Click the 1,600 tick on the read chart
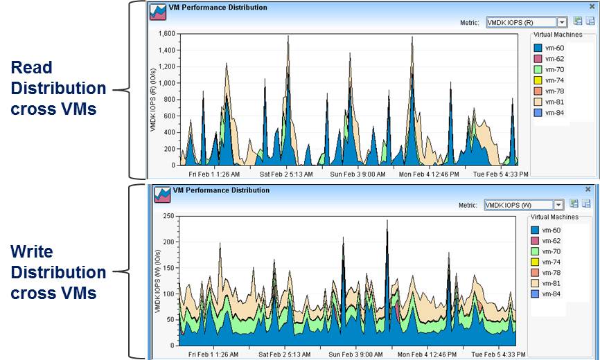[167, 33]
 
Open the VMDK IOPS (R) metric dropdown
[562, 22]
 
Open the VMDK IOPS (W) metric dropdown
[558, 205]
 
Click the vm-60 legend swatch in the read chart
[537, 48]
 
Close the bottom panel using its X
[589, 189]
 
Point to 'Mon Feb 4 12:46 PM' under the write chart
[428, 354]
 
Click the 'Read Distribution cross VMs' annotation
[58, 89]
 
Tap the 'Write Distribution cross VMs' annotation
[58, 272]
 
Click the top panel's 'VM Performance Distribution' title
[219, 8]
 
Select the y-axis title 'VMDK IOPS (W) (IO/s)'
[157, 280]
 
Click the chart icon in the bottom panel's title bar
[161, 194]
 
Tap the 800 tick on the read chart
[169, 100]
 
